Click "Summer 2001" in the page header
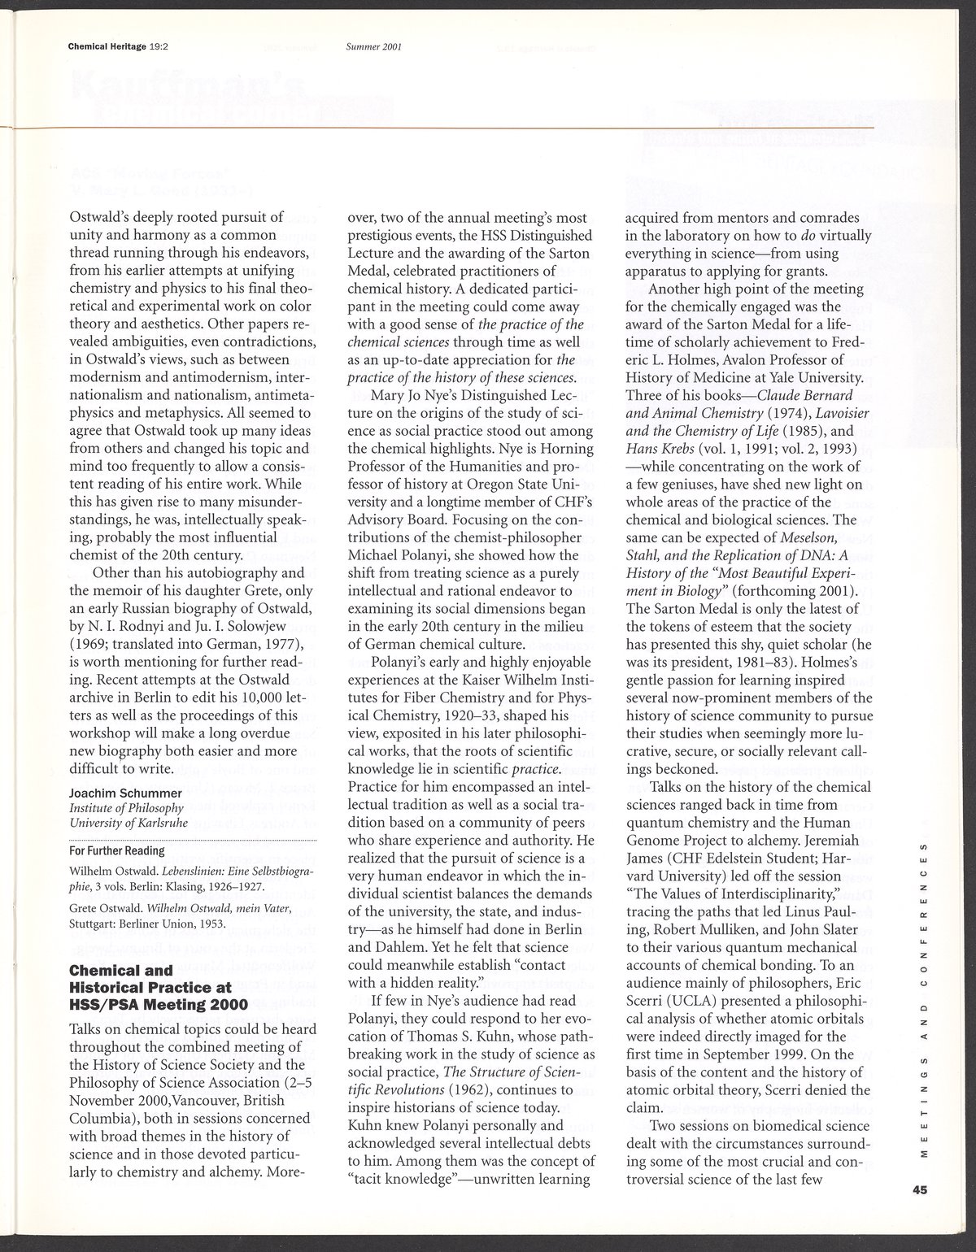click(x=374, y=46)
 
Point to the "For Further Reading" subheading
click(x=117, y=850)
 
